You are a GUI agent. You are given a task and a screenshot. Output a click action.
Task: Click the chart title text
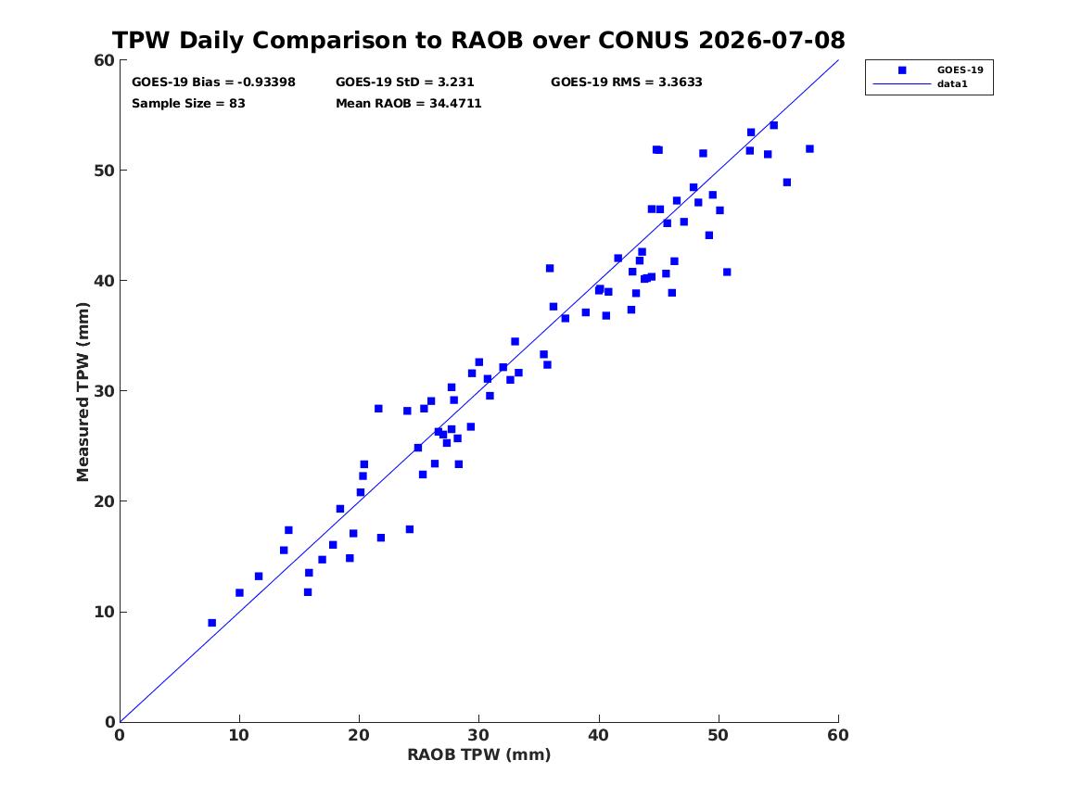[x=478, y=40]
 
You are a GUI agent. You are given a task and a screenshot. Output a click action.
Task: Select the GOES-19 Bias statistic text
[x=213, y=82]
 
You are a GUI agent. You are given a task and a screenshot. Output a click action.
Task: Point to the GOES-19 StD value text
[x=405, y=82]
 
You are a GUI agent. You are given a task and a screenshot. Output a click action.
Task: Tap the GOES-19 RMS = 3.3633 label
[x=627, y=82]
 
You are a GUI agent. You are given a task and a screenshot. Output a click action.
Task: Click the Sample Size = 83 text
[x=188, y=104]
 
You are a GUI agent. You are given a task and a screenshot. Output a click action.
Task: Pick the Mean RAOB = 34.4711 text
[x=409, y=104]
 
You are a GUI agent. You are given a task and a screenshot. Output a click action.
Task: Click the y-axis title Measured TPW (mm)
[x=83, y=392]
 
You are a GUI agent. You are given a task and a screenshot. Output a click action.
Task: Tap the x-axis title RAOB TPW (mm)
[x=479, y=754]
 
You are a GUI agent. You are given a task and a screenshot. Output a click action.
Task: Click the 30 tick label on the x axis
[x=479, y=735]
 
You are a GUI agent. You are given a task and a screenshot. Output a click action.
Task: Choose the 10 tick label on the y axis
[x=104, y=612]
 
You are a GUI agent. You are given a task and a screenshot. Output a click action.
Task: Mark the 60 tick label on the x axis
[x=838, y=735]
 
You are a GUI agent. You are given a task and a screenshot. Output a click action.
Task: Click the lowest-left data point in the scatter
[x=211, y=623]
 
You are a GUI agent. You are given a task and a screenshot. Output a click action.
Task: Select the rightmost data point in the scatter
[x=809, y=149]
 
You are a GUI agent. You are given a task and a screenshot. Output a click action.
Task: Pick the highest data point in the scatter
[x=773, y=125]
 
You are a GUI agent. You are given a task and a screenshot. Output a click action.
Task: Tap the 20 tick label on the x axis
[x=359, y=735]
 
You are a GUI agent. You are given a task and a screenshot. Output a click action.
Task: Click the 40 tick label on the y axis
[x=104, y=281]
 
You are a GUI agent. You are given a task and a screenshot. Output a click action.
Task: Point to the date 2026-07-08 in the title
[x=771, y=40]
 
